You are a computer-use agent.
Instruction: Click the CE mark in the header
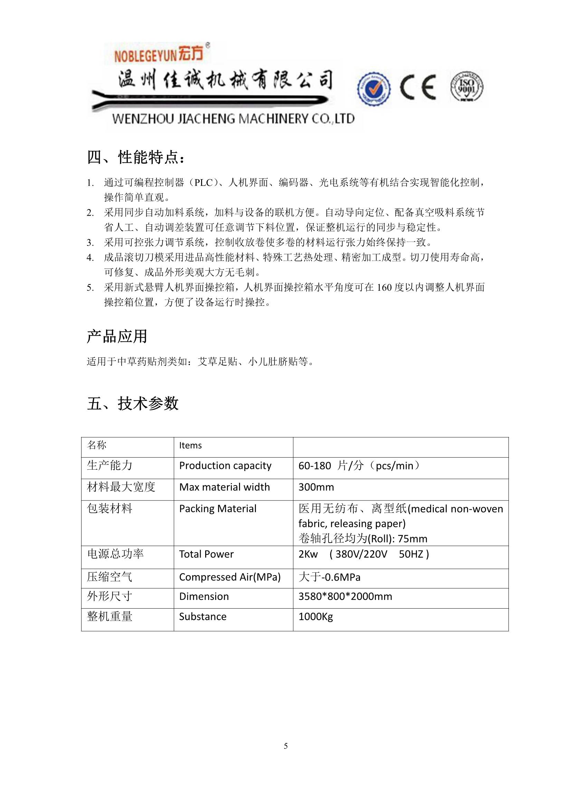coord(418,86)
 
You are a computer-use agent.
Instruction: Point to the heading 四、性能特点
coord(135,157)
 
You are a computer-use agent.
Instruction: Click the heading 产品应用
coord(117,336)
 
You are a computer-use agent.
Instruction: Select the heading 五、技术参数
coord(133,403)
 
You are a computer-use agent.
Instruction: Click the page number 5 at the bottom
coord(286,746)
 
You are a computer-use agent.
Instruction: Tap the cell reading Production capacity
coord(225,466)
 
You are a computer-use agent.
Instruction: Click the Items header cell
coord(190,445)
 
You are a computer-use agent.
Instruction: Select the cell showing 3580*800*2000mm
coord(345,596)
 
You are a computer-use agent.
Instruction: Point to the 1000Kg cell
coord(315,617)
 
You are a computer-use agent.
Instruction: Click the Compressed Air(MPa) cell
coord(230,577)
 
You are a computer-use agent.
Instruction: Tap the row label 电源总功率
coord(115,554)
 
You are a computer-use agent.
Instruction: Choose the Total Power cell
coord(206,554)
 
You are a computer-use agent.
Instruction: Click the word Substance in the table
coord(203,617)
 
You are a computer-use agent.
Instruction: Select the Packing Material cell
coord(218,509)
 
